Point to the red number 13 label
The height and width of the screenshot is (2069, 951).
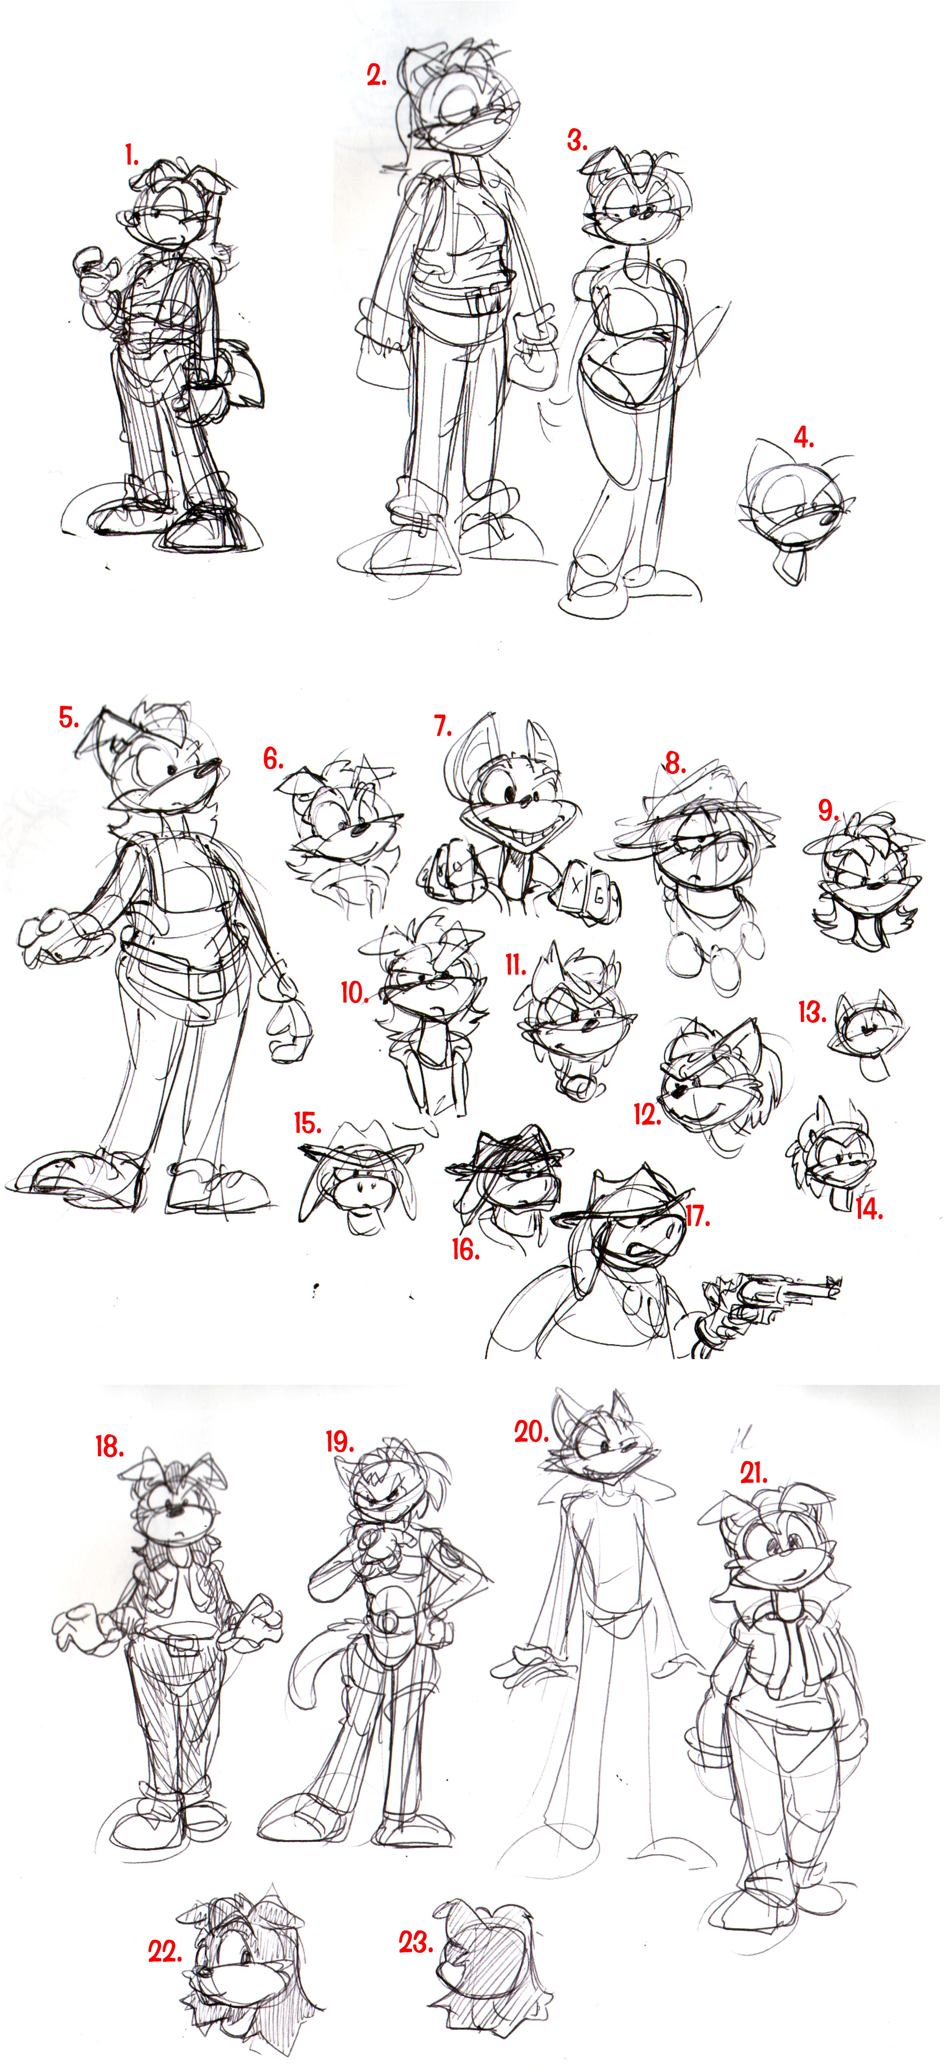click(x=812, y=1011)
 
